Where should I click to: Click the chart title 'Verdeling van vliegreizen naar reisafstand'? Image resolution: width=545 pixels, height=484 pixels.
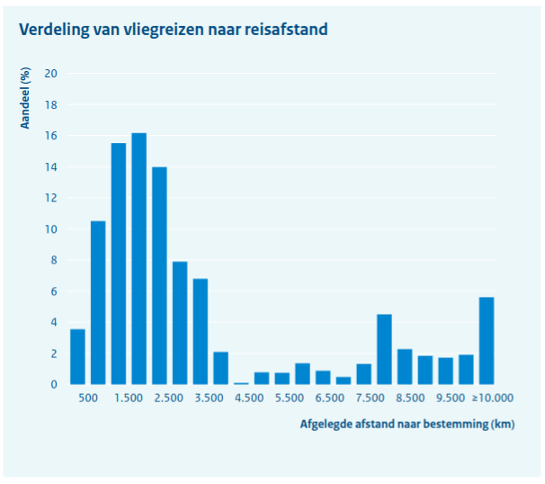(x=173, y=30)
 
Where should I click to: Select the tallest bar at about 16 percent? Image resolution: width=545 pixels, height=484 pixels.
(x=138, y=259)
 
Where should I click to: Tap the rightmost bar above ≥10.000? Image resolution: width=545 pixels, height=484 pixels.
(x=487, y=341)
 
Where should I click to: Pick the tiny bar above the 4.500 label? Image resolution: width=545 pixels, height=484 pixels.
(x=241, y=383)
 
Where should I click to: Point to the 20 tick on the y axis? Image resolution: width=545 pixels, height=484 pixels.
(x=51, y=74)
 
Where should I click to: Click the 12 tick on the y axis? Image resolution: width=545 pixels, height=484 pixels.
(x=51, y=198)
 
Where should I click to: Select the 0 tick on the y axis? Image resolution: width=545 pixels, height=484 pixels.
(x=54, y=385)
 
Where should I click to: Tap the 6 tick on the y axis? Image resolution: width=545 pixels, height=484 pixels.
(x=54, y=291)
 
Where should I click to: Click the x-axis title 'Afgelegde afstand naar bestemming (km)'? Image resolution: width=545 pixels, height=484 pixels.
(x=407, y=423)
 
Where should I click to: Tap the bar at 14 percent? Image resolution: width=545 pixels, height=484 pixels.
(x=159, y=276)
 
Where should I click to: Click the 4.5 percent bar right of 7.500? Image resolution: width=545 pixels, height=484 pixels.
(x=384, y=349)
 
